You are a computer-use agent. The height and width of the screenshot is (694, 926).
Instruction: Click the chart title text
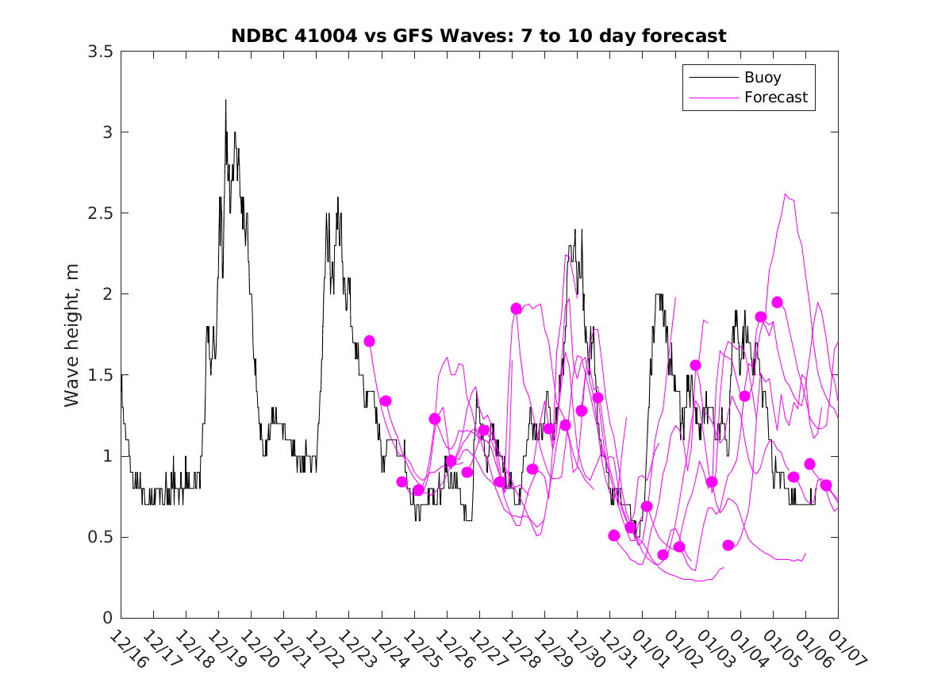coord(478,36)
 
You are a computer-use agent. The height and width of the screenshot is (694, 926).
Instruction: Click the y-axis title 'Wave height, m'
coord(72,335)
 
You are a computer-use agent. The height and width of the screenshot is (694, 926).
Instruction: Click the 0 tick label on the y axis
coord(106,618)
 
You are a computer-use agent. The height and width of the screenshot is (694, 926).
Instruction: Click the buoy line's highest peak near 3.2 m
coord(225,100)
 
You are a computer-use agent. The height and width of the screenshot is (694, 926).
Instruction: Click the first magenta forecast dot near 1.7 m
coord(369,341)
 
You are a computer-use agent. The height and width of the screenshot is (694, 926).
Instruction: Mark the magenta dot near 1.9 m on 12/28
coord(517,309)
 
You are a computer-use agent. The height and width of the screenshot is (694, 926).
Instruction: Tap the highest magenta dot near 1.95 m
coord(777,302)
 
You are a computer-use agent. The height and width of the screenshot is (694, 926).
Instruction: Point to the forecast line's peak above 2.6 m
coord(786,194)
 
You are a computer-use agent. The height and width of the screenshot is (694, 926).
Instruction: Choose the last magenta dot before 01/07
coord(826,485)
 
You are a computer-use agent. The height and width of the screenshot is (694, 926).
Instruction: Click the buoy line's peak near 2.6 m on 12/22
coord(337,197)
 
